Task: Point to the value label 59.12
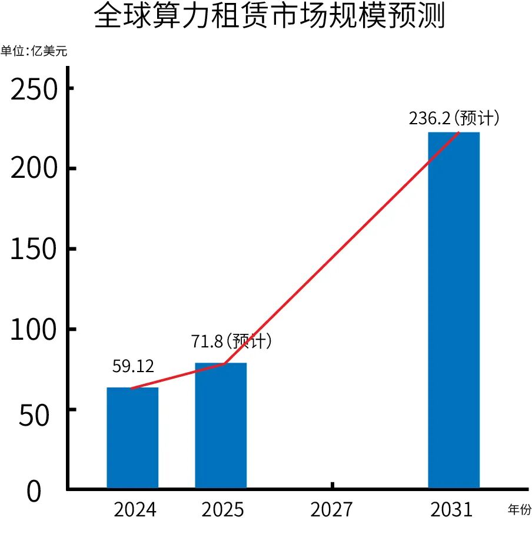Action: tap(133, 366)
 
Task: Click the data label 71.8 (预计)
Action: tap(231, 341)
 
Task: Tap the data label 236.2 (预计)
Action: tap(454, 118)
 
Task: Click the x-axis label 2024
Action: tap(135, 509)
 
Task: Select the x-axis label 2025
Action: tap(222, 509)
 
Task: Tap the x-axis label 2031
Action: tap(452, 509)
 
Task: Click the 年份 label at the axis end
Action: tap(520, 509)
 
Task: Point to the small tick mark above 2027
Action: tap(332, 485)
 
